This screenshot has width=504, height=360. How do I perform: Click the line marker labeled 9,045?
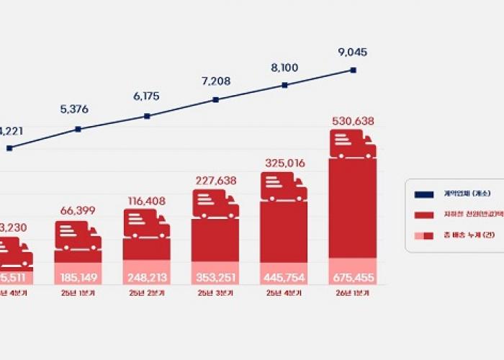(x=354, y=70)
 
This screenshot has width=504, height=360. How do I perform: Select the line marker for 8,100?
(x=285, y=85)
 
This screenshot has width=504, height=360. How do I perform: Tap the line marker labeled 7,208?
(x=216, y=100)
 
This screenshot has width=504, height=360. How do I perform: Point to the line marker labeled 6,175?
(x=147, y=115)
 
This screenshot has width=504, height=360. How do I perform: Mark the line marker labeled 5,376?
(x=78, y=130)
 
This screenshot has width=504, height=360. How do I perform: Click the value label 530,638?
(x=353, y=122)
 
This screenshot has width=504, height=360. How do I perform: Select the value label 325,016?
(x=284, y=163)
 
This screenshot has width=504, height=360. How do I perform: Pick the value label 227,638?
(x=216, y=181)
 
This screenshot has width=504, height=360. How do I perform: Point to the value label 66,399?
(x=78, y=211)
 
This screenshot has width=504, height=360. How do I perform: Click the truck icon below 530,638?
(x=353, y=145)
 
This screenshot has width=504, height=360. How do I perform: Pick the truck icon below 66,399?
(x=78, y=236)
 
